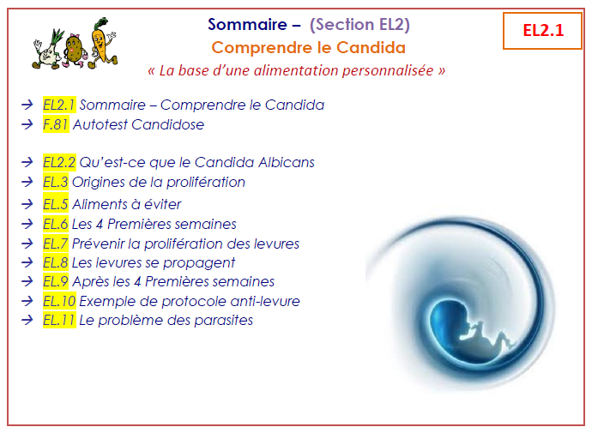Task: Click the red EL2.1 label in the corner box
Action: [x=543, y=31]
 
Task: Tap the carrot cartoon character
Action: [x=102, y=43]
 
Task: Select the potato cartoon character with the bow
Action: [x=74, y=51]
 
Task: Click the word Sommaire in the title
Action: [x=247, y=24]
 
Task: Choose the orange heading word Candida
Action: [x=371, y=48]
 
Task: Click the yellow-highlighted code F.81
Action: [x=56, y=124]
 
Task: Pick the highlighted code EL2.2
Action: [x=59, y=162]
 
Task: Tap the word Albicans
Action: [x=287, y=162]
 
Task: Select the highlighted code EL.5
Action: [x=55, y=204]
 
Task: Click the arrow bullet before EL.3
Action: [x=27, y=182]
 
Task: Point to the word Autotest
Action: [x=100, y=124]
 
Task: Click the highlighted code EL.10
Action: [x=59, y=301]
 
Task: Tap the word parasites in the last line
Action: [x=223, y=320]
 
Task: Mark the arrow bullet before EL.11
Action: [x=27, y=320]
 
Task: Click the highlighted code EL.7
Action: [x=55, y=244]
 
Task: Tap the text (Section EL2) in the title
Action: [x=359, y=25]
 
